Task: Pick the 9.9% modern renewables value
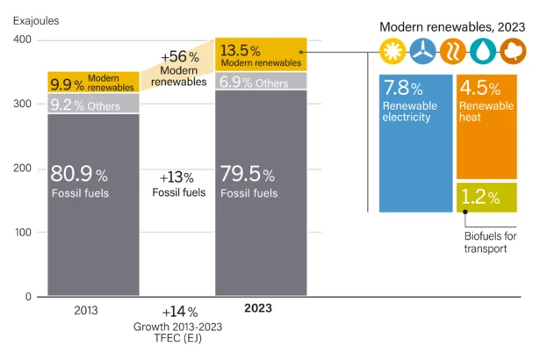point(67,83)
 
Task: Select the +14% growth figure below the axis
point(179,312)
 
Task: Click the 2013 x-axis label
point(85,310)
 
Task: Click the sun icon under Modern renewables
point(392,51)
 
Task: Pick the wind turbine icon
point(423,51)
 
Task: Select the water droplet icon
point(485,51)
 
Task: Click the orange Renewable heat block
point(486,127)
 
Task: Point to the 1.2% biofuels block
point(486,198)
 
